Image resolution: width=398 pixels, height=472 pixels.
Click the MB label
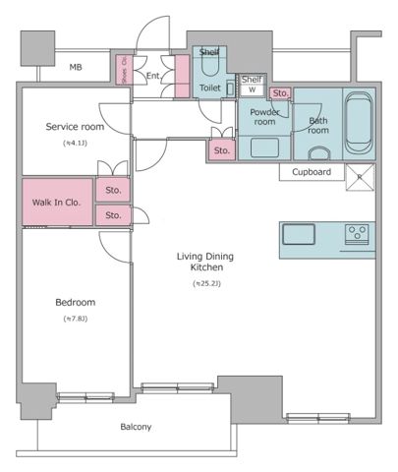(x=76, y=68)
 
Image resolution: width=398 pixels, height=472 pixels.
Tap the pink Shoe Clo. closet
(x=125, y=75)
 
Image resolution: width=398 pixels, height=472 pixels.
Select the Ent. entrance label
(x=153, y=75)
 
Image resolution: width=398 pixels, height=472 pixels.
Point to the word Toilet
(x=209, y=88)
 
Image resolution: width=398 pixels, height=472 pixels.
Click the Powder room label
(x=264, y=117)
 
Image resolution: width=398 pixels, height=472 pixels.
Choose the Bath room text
(x=318, y=126)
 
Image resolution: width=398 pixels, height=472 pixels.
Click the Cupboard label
(x=312, y=172)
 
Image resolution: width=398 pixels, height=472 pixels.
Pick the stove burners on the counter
(x=357, y=234)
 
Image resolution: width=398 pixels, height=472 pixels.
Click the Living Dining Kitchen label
(x=206, y=262)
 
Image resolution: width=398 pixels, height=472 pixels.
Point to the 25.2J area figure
(x=206, y=284)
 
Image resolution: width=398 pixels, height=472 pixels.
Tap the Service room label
(x=74, y=127)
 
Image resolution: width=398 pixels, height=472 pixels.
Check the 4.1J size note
(x=74, y=144)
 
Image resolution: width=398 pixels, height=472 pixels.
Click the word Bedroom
(x=75, y=302)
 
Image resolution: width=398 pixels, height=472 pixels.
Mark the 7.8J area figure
(x=75, y=319)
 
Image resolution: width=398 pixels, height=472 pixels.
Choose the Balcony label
(x=136, y=427)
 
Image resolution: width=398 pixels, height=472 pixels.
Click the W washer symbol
(x=252, y=89)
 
